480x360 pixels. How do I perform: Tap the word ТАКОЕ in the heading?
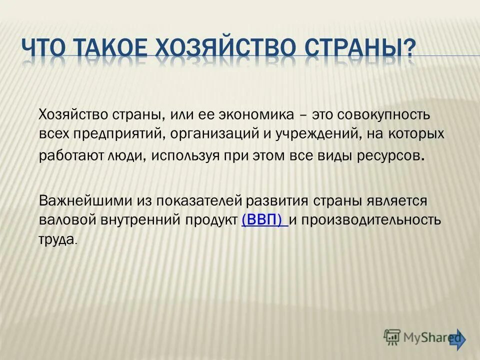[x=111, y=49]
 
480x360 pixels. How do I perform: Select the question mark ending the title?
[x=409, y=49]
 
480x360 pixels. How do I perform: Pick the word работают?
[x=69, y=155]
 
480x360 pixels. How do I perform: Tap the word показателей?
[x=199, y=201]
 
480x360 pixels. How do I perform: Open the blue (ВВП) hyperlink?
[x=264, y=220]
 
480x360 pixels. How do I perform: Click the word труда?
[x=57, y=240]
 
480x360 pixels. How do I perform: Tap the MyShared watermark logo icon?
[x=392, y=338]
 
